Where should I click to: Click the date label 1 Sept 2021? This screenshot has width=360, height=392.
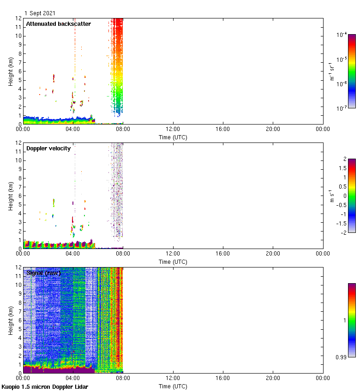[40, 13]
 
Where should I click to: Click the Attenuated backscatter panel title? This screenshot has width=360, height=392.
[59, 24]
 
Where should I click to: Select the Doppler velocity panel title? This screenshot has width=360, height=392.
[48, 148]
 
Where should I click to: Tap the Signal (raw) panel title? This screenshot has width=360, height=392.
[43, 273]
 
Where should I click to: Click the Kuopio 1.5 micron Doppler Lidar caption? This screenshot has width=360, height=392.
[45, 386]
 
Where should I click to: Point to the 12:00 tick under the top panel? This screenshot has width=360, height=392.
[173, 129]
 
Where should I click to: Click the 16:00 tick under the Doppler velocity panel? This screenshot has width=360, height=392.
[223, 254]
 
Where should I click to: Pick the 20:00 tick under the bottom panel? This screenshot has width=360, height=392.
[273, 378]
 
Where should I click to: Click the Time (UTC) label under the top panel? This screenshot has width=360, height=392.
[173, 137]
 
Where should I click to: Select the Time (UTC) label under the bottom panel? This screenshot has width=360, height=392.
[173, 386]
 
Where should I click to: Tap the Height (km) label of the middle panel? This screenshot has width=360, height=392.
[11, 196]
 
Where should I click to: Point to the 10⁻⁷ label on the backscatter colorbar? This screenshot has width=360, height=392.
[342, 109]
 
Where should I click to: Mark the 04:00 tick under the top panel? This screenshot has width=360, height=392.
[73, 129]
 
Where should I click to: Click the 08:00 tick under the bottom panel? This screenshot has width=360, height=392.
[123, 378]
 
